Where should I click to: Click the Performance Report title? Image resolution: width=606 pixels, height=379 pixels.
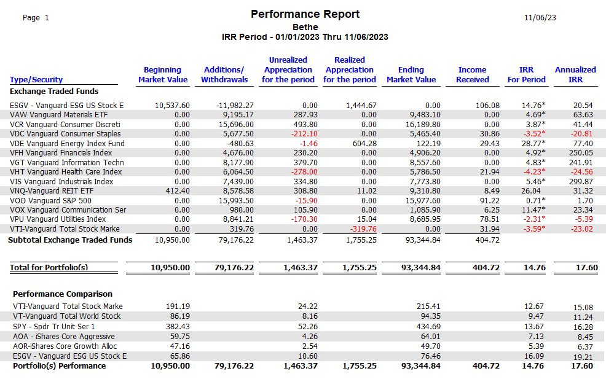coord(305,14)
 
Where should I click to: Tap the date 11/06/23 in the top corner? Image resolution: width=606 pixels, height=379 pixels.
coord(540,18)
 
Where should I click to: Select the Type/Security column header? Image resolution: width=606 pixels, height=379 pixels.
coord(36,80)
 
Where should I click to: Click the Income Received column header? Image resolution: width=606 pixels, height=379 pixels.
coord(472,74)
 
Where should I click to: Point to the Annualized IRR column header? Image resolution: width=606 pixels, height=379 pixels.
coord(575,74)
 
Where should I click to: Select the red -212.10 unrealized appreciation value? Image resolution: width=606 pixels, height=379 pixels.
coord(305,134)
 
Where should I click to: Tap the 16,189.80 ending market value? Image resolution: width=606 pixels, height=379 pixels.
coord(425,125)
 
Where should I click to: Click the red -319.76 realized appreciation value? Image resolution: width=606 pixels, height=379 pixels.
coord(363,229)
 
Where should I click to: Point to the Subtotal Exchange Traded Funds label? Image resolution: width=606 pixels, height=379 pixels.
coord(70,240)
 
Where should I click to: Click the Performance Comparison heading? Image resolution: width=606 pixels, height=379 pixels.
coord(63,294)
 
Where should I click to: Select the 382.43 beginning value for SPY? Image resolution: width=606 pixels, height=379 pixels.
coord(178,326)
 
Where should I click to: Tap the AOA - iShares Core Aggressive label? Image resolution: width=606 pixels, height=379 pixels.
coord(64,337)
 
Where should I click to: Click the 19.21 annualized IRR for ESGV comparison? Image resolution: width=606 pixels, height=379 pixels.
coord(583,358)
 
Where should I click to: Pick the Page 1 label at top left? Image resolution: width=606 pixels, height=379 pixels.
coord(36,18)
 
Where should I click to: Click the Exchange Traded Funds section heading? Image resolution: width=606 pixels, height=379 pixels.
coord(54,92)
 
